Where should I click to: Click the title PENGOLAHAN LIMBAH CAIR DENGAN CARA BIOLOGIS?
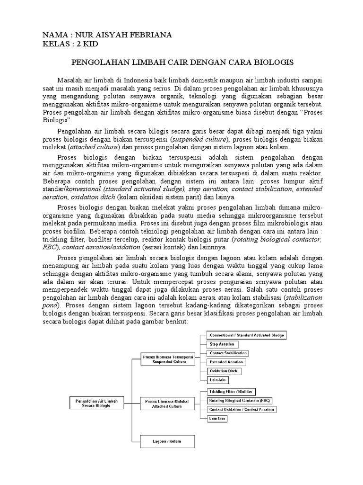coord(182,62)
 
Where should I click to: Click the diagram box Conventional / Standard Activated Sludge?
coord(247,335)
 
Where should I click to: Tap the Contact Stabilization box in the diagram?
coord(228,353)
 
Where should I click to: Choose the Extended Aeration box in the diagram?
coord(227,362)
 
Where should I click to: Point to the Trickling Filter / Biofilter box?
coord(231,392)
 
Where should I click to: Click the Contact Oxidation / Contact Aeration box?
coord(242,409)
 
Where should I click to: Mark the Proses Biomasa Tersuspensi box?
coord(163,359)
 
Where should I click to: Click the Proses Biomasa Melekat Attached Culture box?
coord(163,403)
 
